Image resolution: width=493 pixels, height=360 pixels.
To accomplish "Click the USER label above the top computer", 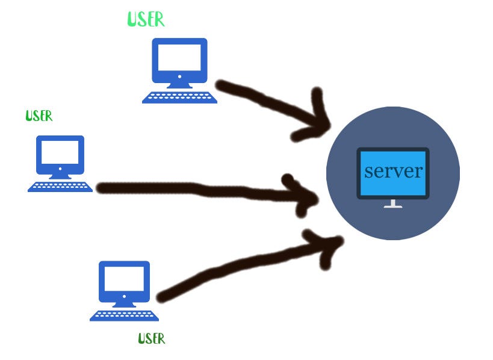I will [146, 19].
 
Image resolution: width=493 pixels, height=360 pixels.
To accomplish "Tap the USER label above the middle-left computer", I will [39, 116].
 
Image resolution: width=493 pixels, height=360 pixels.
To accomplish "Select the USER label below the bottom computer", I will [152, 338].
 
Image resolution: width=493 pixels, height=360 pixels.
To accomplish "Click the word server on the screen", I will [394, 171].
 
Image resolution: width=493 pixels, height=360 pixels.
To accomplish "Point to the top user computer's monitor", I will [179, 59].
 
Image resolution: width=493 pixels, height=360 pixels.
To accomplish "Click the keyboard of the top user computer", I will [179, 98].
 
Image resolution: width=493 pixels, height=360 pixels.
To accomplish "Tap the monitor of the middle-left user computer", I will [60, 152].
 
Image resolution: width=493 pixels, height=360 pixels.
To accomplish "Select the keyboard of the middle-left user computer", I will [60, 187].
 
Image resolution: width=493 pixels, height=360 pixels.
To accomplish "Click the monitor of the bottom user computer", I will [124, 280].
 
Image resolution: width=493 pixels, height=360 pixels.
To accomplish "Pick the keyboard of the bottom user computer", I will [125, 315].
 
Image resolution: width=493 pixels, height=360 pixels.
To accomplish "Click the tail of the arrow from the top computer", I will [223, 85].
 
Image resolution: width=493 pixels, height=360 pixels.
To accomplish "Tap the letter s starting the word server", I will [369, 172].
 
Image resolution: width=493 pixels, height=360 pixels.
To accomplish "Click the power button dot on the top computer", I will [179, 77].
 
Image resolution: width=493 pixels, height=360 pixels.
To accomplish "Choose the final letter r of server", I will [418, 172].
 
